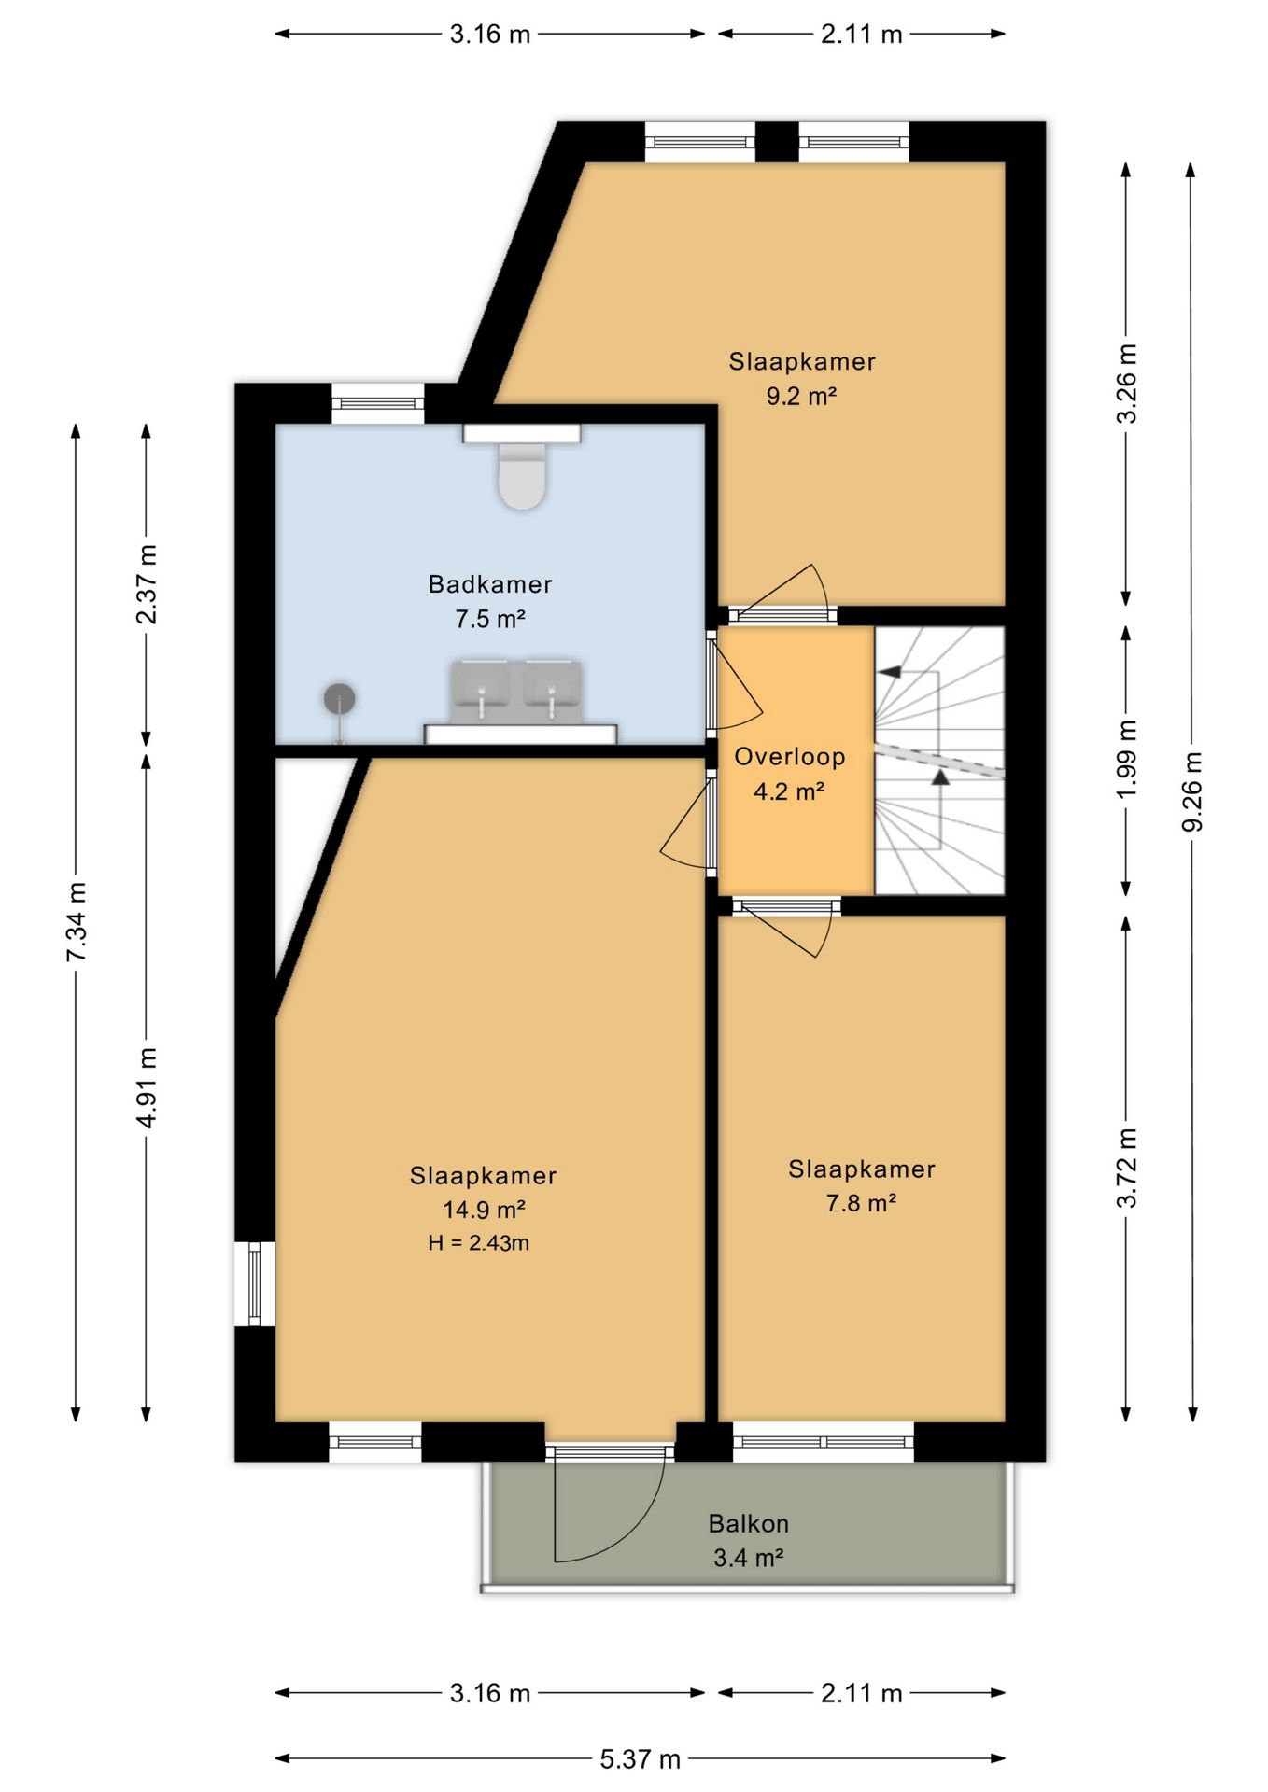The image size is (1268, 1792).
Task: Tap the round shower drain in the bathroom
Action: tap(339, 699)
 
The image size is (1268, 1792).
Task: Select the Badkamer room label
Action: tap(490, 584)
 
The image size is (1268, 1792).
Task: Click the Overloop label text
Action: tap(789, 757)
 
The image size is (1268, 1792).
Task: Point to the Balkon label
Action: tap(749, 1523)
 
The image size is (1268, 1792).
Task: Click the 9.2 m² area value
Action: tap(801, 396)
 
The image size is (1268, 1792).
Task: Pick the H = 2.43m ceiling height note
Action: tap(479, 1242)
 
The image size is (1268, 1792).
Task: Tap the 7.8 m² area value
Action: tap(861, 1202)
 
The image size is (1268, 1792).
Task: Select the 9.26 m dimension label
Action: tap(1191, 791)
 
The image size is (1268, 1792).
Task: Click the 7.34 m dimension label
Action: tap(77, 922)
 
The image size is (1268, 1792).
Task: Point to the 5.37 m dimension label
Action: tap(640, 1759)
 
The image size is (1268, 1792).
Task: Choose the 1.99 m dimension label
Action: tap(1127, 760)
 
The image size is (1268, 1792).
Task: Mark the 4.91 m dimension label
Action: tap(148, 1086)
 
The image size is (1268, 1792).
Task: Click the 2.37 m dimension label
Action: tap(147, 583)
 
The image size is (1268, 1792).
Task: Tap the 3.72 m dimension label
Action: tap(1127, 1168)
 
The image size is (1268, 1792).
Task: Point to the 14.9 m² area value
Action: tap(484, 1210)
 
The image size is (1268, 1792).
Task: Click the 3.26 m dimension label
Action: tap(1127, 384)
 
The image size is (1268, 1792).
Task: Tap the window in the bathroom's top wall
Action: tap(378, 403)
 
